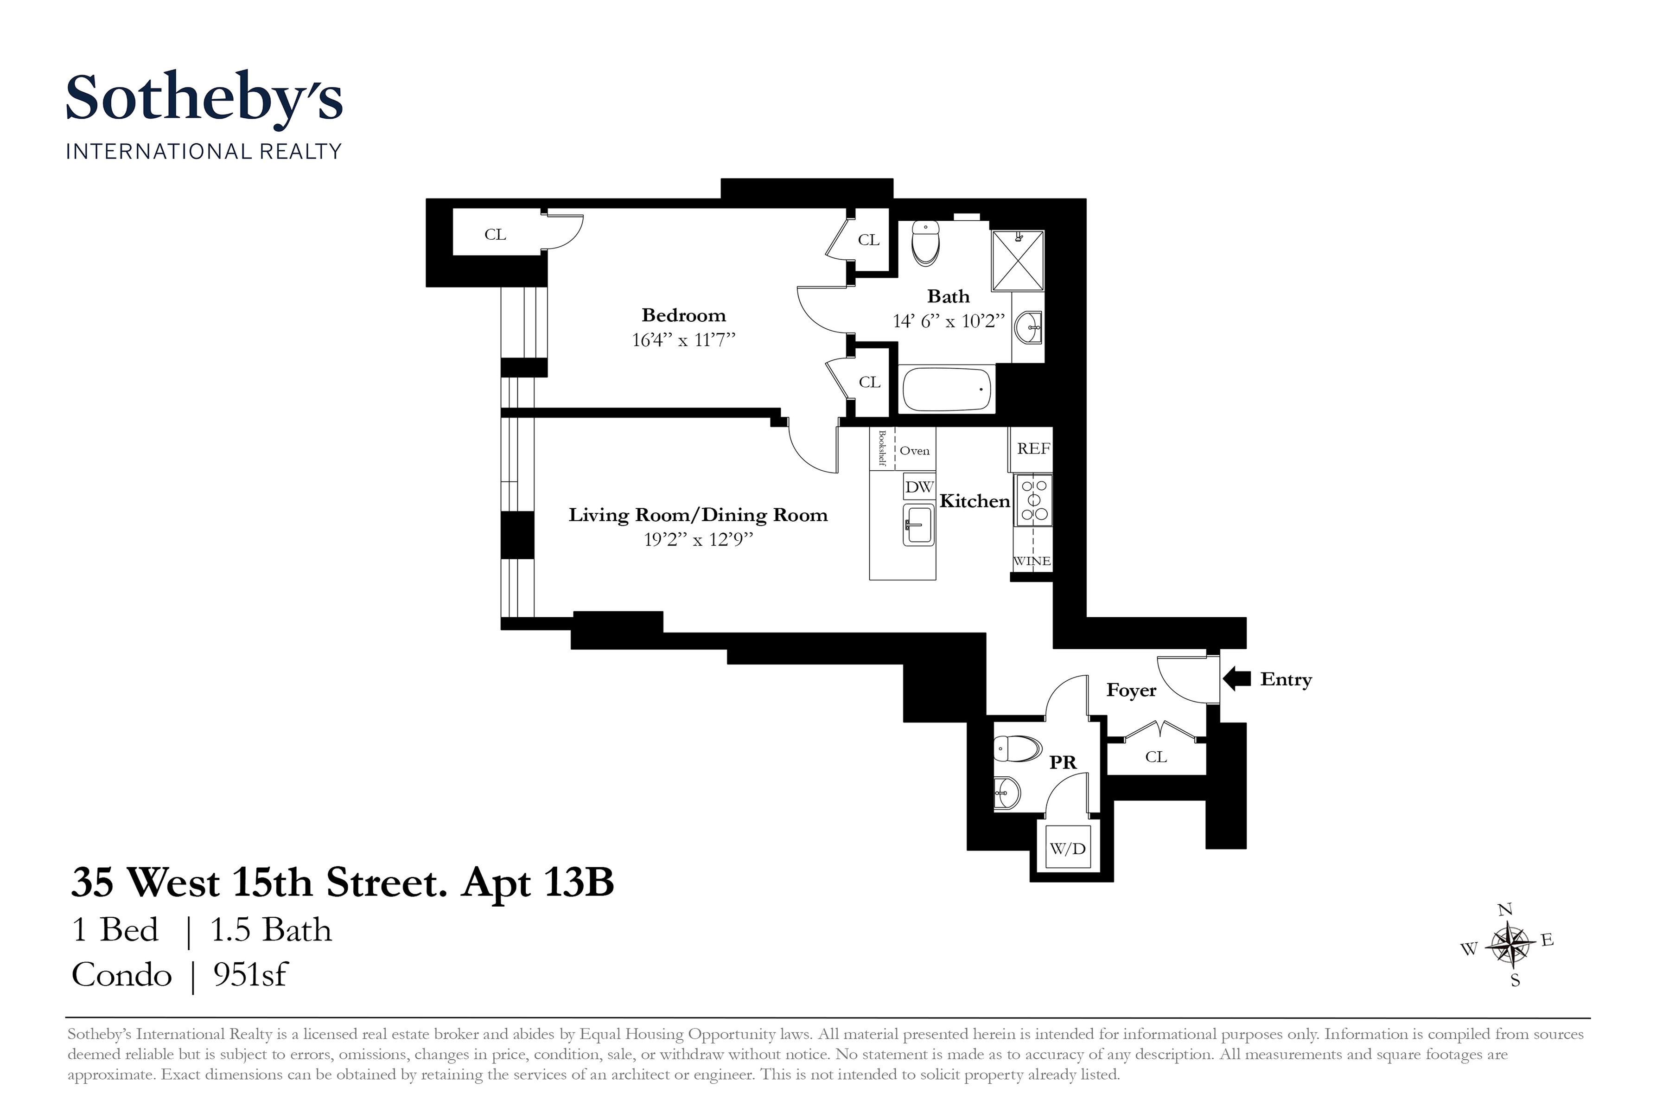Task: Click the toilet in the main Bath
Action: point(924,242)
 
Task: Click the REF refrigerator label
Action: point(1033,448)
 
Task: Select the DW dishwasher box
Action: point(919,487)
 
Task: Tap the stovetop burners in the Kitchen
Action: point(1033,500)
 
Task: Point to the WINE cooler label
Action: point(1032,561)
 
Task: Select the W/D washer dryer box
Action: point(1067,848)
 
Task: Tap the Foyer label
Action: point(1131,691)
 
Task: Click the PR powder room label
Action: point(1062,763)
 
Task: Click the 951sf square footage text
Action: point(250,975)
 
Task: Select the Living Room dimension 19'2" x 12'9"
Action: point(698,540)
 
